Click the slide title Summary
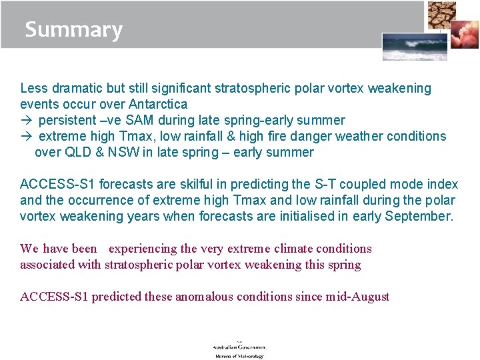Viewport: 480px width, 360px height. (x=73, y=30)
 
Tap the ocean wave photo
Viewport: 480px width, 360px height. (x=405, y=47)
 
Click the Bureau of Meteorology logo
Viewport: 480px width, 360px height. (x=239, y=350)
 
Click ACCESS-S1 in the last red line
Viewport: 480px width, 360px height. (x=54, y=297)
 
